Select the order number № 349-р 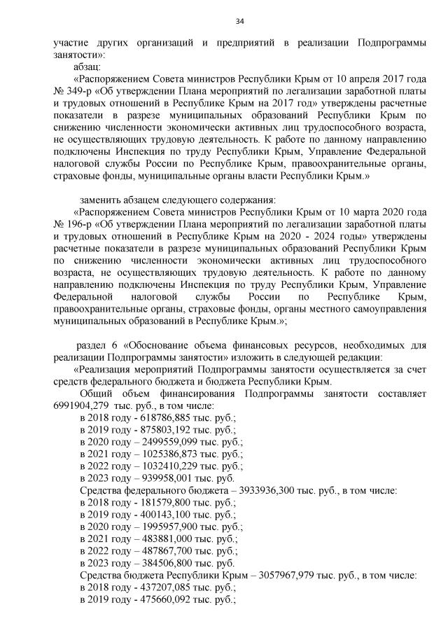point(71,91)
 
